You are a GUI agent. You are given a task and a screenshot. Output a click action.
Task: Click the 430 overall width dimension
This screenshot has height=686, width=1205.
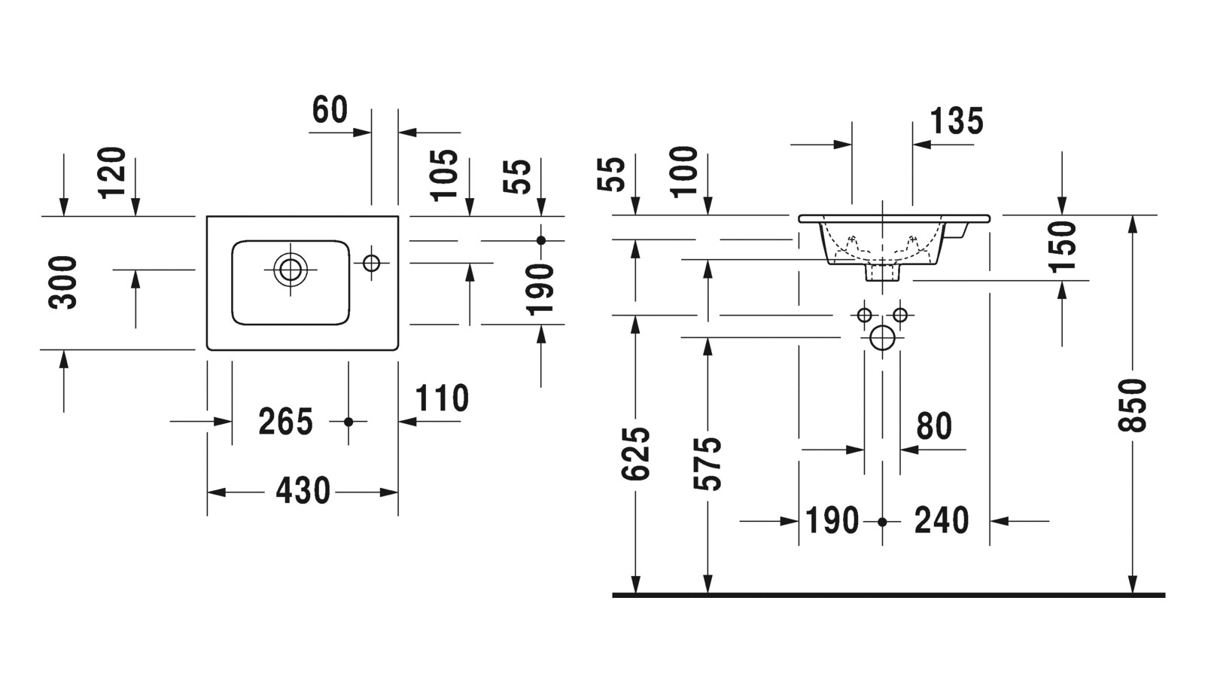303,491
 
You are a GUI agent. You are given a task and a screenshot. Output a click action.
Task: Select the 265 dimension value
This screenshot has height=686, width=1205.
285,422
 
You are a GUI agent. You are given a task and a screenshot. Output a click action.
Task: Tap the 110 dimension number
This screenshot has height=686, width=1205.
442,398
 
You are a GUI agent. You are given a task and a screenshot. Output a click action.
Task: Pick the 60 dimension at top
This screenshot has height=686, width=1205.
330,110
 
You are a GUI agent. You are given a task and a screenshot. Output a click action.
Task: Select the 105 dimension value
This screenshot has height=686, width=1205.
445,174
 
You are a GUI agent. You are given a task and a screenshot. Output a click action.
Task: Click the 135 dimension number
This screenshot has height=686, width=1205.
957,120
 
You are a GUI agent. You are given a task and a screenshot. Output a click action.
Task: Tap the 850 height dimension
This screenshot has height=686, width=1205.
1133,405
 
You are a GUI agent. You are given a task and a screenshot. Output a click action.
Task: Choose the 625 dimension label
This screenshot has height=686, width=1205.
637,453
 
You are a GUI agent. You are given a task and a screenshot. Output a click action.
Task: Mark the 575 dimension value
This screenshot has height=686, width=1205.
708,463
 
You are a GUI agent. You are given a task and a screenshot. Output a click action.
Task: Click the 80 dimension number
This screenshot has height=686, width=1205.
934,426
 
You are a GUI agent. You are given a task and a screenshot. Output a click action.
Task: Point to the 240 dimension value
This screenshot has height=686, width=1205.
942,520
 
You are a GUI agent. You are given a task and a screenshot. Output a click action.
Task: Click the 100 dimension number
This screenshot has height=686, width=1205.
685,172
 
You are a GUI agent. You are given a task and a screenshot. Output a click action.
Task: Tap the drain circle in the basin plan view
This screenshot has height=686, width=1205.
291,269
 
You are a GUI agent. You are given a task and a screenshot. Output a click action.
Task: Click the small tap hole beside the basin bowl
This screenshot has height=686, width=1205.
371,263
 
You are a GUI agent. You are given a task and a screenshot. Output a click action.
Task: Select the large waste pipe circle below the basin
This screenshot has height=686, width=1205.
882,337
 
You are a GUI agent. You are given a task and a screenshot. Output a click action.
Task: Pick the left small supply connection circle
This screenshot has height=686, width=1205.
864,314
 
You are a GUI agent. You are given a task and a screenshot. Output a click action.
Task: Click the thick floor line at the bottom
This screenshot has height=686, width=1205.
888,595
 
